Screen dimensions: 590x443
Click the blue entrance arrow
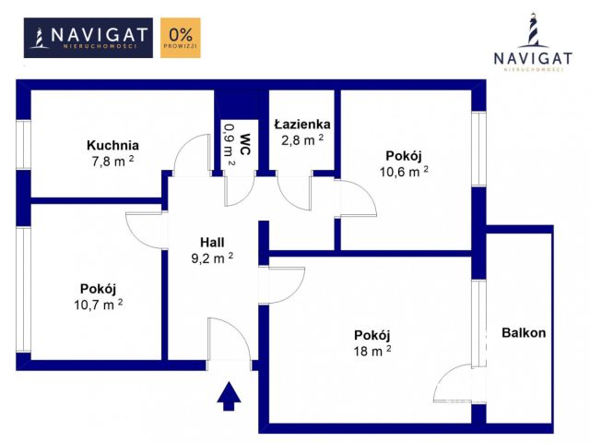pos(229,396)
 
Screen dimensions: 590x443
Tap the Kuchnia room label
pos(112,145)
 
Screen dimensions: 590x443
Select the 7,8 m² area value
pos(112,162)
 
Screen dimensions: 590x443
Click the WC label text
pos(245,144)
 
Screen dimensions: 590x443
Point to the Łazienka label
pos(302,124)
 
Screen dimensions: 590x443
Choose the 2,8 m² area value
pos(302,139)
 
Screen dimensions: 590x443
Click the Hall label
pos(212,242)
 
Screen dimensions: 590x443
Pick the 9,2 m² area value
pos(212,258)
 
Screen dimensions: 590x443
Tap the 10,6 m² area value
pos(404,172)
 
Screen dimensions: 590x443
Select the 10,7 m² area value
pos(99,305)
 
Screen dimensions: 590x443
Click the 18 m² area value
pos(372,351)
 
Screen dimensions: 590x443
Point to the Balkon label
pos(524,332)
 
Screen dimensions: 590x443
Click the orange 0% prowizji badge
pos(181,38)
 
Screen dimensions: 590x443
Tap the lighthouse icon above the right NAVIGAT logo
pos(533,30)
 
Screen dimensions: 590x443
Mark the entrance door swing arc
pos(239,331)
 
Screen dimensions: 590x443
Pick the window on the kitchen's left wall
pos(23,145)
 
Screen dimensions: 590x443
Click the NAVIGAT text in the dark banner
pos(99,35)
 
